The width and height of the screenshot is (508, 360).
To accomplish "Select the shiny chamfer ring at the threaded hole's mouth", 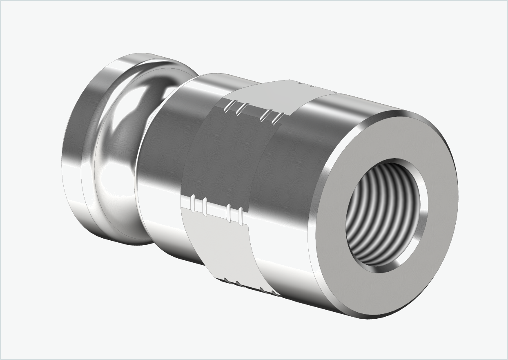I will [x=421, y=229].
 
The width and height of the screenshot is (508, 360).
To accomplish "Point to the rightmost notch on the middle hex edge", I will [x=241, y=216].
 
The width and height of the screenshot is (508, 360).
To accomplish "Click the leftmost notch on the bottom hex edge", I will [x=225, y=280].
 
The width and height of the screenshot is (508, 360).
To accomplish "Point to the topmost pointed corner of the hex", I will [x=290, y=80].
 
